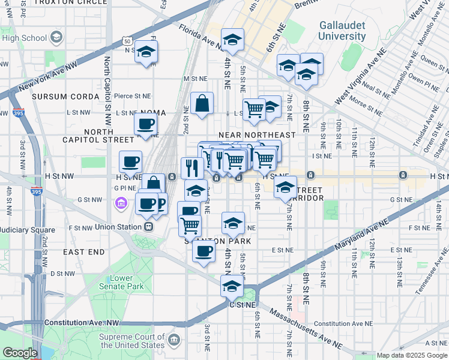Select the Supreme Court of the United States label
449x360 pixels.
[133, 341]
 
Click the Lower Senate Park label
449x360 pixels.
[127, 283]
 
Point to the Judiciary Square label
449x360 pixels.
[27, 230]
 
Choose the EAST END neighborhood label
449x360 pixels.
[83, 252]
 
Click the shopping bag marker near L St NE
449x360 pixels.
[202, 103]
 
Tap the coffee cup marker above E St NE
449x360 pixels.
[203, 251]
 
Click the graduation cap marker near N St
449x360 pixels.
[145, 52]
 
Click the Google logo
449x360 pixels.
[19, 353]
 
